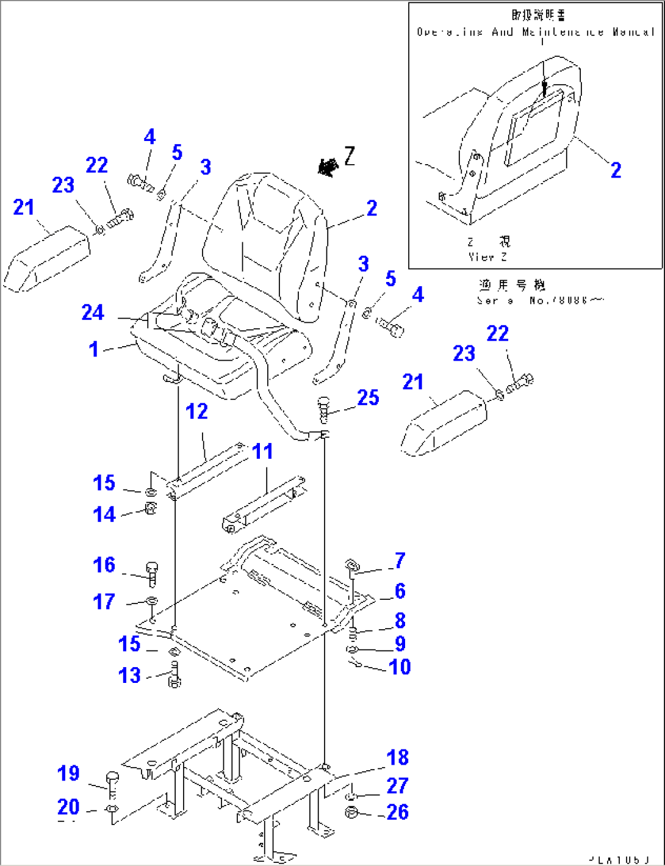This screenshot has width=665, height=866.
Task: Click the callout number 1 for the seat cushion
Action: [93, 349]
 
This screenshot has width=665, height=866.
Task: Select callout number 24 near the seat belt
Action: [93, 312]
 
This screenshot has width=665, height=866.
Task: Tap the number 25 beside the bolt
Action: [368, 398]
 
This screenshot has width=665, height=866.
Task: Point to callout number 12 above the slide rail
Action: [196, 412]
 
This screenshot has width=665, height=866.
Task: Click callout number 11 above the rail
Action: [263, 452]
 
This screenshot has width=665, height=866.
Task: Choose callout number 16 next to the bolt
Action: [104, 565]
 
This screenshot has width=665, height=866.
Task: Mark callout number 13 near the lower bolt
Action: [129, 676]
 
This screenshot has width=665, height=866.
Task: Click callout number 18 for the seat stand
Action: [398, 758]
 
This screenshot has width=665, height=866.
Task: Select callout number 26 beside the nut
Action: [398, 812]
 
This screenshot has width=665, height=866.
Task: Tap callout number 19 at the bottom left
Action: [68, 773]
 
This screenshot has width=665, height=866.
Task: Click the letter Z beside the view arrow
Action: [350, 156]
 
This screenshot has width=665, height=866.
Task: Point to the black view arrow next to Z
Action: [328, 167]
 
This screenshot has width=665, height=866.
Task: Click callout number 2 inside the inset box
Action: [616, 170]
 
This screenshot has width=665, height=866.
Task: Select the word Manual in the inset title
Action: [634, 32]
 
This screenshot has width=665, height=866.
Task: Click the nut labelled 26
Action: [351, 812]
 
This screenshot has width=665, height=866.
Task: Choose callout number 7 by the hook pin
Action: [400, 560]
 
